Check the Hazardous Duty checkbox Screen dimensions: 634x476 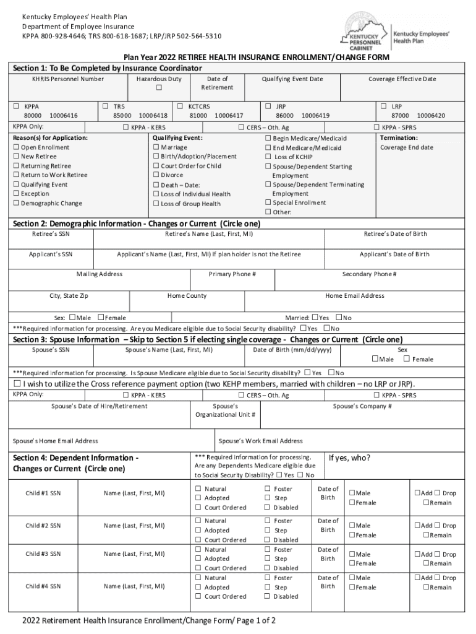point(159,89)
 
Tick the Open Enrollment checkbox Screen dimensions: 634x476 point(16,147)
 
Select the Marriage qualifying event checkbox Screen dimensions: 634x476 point(156,147)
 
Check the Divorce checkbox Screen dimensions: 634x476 point(156,175)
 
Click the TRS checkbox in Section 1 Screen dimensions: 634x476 point(106,106)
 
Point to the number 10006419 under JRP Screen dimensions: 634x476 point(315,115)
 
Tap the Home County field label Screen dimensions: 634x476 point(187,296)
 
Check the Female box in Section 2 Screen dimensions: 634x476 point(101,318)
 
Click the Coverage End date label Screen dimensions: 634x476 point(406,147)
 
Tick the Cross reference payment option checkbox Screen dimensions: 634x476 point(17,384)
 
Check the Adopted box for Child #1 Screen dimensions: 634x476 point(198,498)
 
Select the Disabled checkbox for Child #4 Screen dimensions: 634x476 point(268,596)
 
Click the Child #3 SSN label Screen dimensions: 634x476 point(43,554)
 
